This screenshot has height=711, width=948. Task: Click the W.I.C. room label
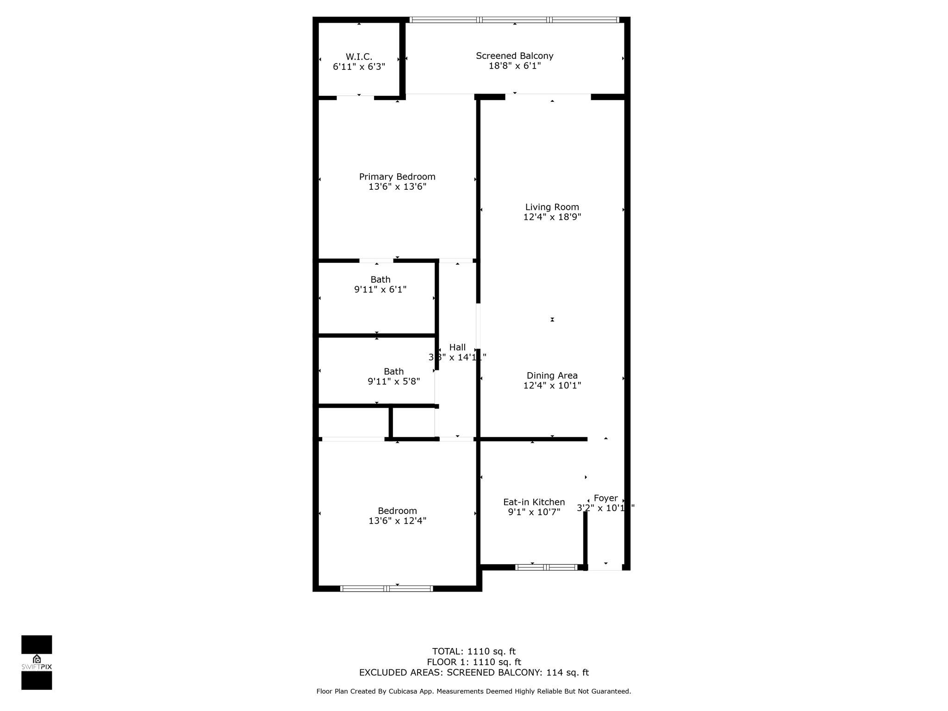tap(359, 56)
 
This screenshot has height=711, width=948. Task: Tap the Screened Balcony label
tap(514, 56)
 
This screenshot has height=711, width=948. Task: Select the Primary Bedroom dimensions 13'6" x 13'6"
tap(397, 187)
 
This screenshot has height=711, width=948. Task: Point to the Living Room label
tap(552, 207)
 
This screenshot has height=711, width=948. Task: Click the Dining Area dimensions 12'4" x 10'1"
tap(552, 385)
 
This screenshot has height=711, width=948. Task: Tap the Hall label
tap(457, 347)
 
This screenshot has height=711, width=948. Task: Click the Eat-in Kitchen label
tap(534, 502)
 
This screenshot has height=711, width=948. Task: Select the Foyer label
tap(605, 498)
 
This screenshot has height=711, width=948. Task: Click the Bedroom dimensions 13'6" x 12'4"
tap(397, 521)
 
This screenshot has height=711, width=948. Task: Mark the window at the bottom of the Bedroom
tap(387, 588)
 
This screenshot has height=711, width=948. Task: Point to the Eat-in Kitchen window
tap(546, 567)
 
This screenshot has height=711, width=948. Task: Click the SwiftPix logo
tap(37, 662)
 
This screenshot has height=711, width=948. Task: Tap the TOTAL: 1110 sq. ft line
tap(474, 651)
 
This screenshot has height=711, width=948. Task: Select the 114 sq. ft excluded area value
tap(568, 673)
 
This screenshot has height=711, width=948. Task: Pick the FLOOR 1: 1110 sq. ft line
tap(474, 662)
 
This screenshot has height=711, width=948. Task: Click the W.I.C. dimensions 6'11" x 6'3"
tap(359, 67)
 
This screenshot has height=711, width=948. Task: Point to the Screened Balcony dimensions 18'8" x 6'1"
tap(514, 66)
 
